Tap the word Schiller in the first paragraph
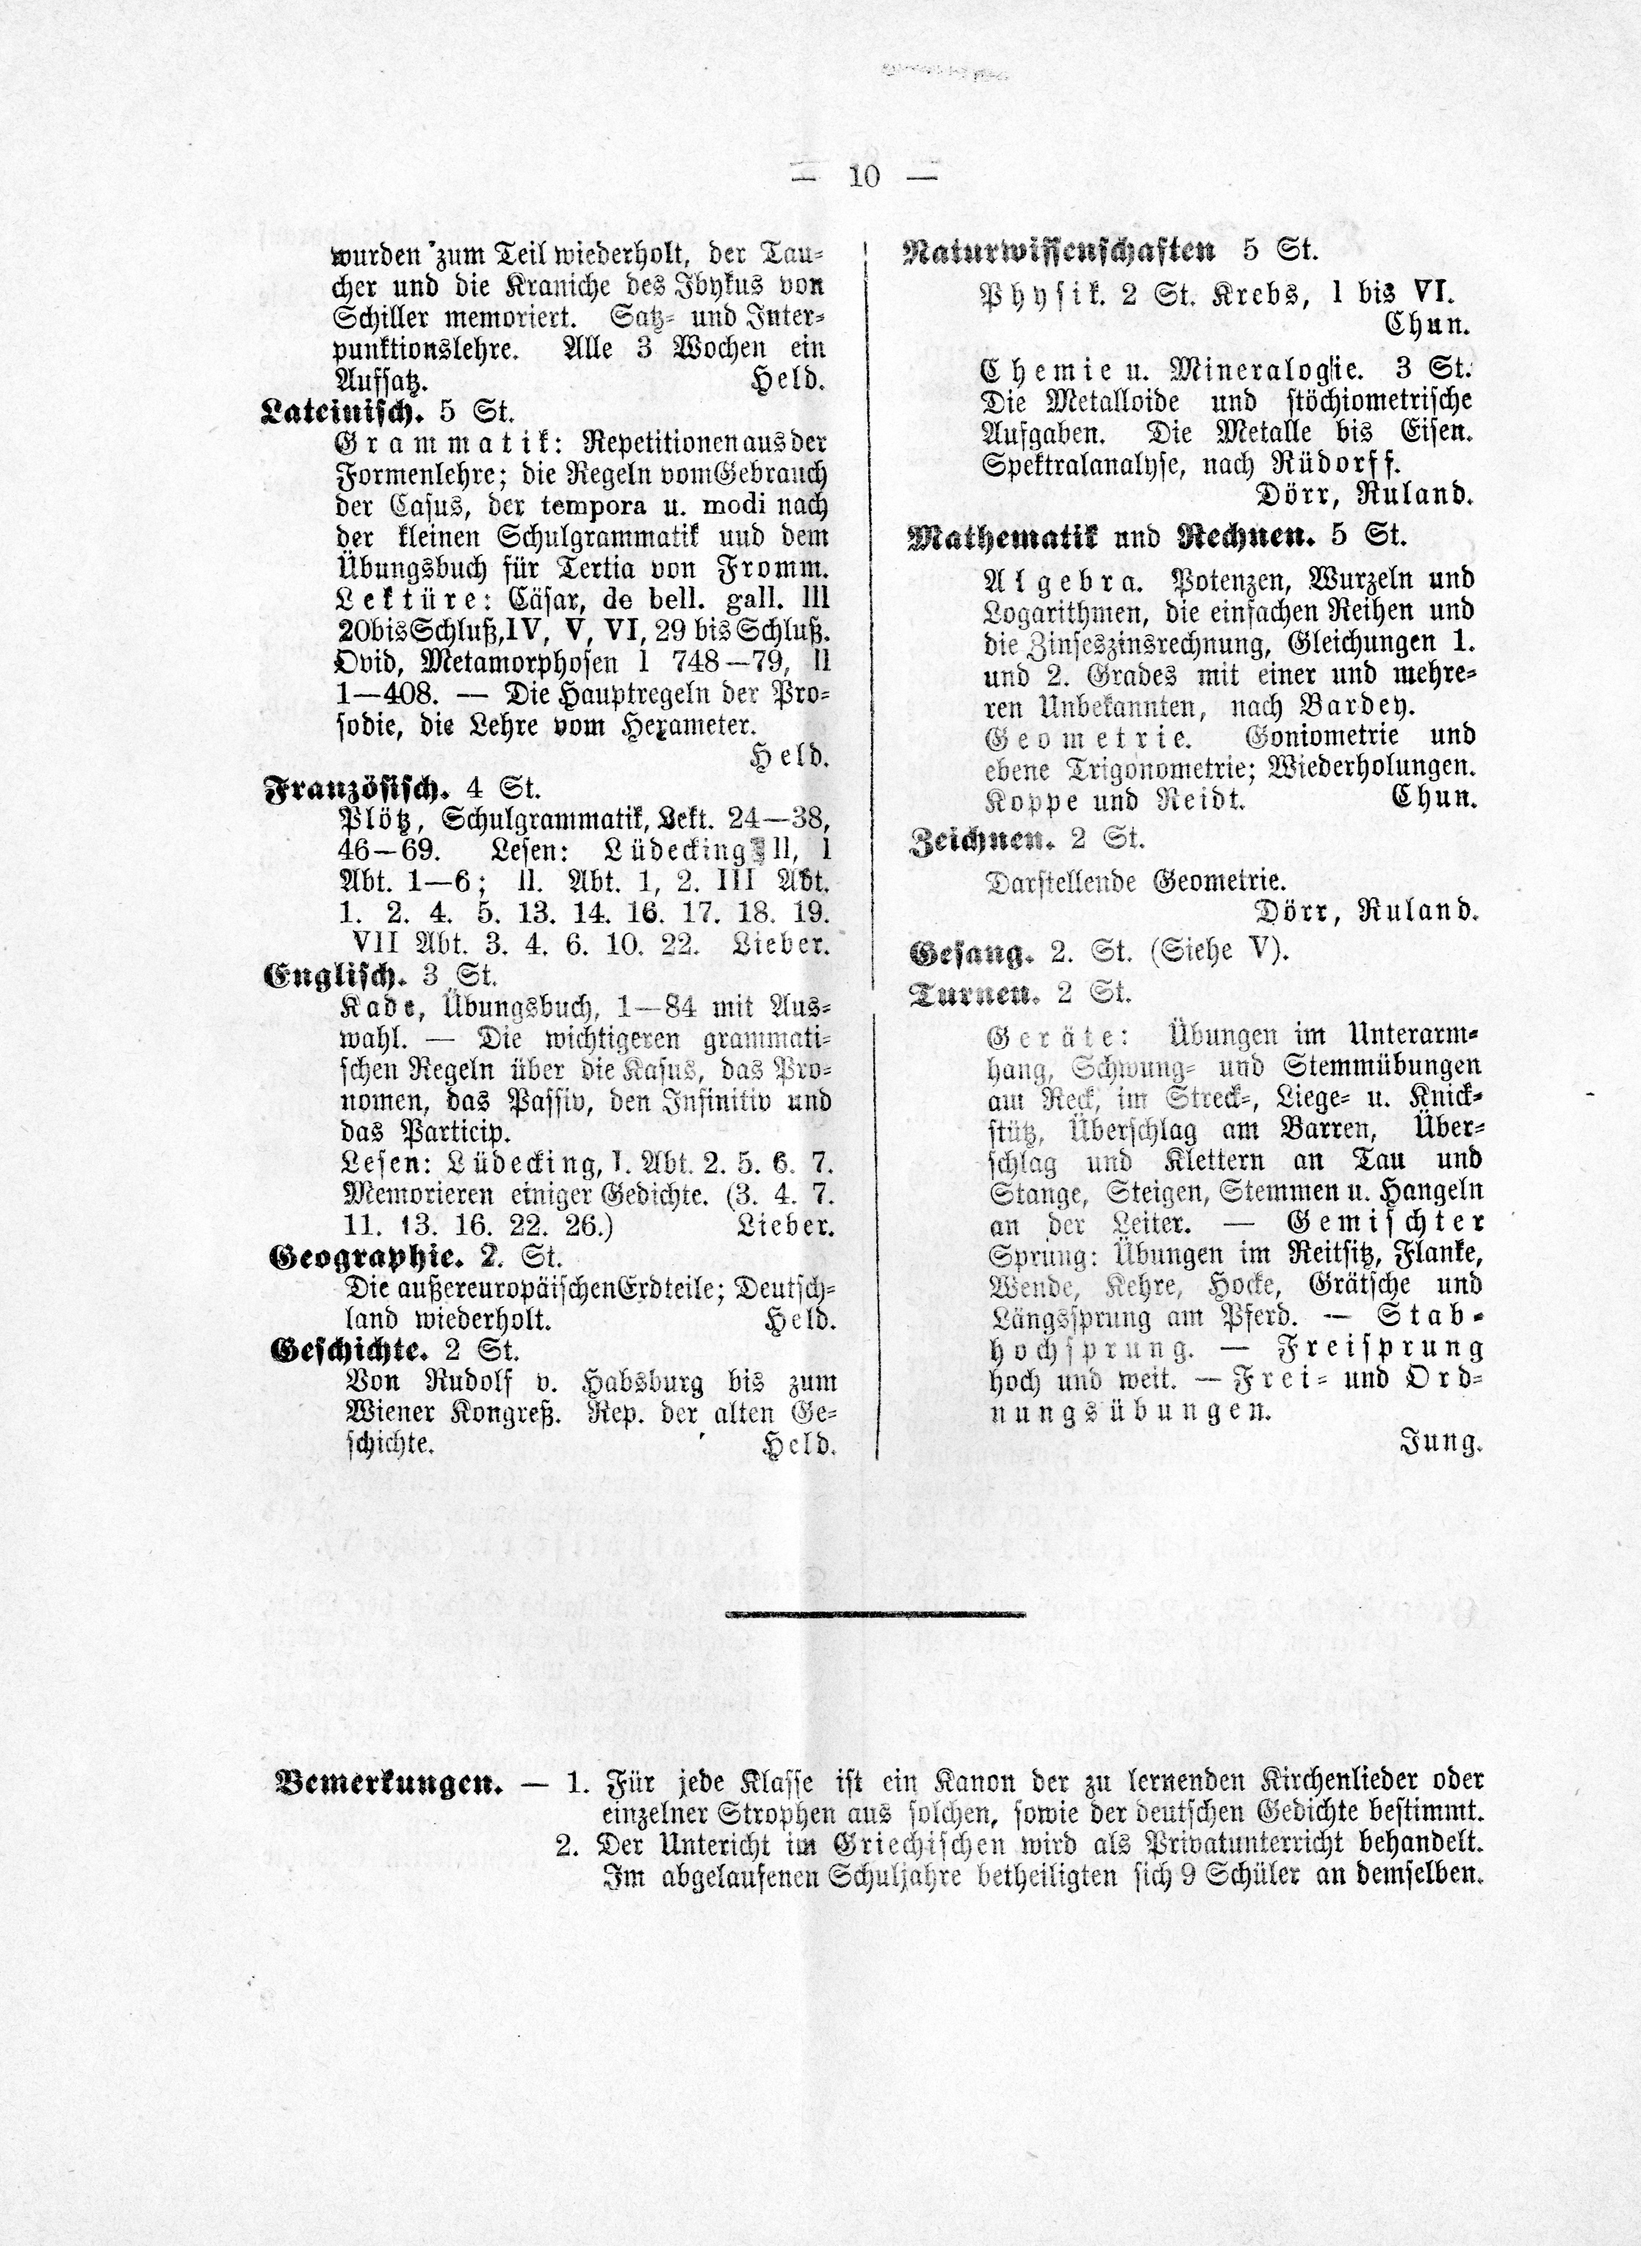[x=378, y=319]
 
